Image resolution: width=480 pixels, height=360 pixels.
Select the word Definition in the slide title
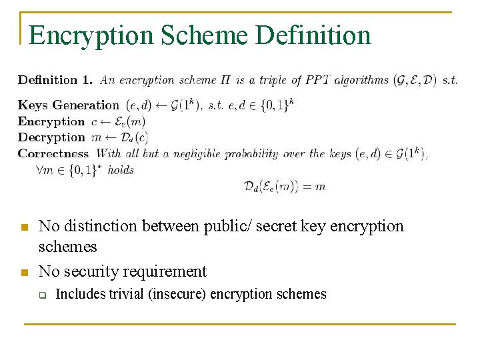(x=313, y=35)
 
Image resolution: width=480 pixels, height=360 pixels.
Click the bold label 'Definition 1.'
(x=55, y=81)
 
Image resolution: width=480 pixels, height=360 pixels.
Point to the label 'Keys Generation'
(x=68, y=105)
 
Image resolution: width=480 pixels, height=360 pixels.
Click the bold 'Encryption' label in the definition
(x=51, y=121)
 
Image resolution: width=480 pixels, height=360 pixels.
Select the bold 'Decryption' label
(x=51, y=137)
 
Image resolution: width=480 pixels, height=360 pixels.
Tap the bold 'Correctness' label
(x=53, y=153)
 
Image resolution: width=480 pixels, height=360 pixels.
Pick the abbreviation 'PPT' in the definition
(x=319, y=81)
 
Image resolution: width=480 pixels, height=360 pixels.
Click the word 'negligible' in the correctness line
(x=194, y=153)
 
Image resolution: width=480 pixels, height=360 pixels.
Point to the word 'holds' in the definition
(x=121, y=170)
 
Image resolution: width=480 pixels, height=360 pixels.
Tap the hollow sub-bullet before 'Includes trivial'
(x=41, y=295)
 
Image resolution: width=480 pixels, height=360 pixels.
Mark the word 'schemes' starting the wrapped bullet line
(x=67, y=247)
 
